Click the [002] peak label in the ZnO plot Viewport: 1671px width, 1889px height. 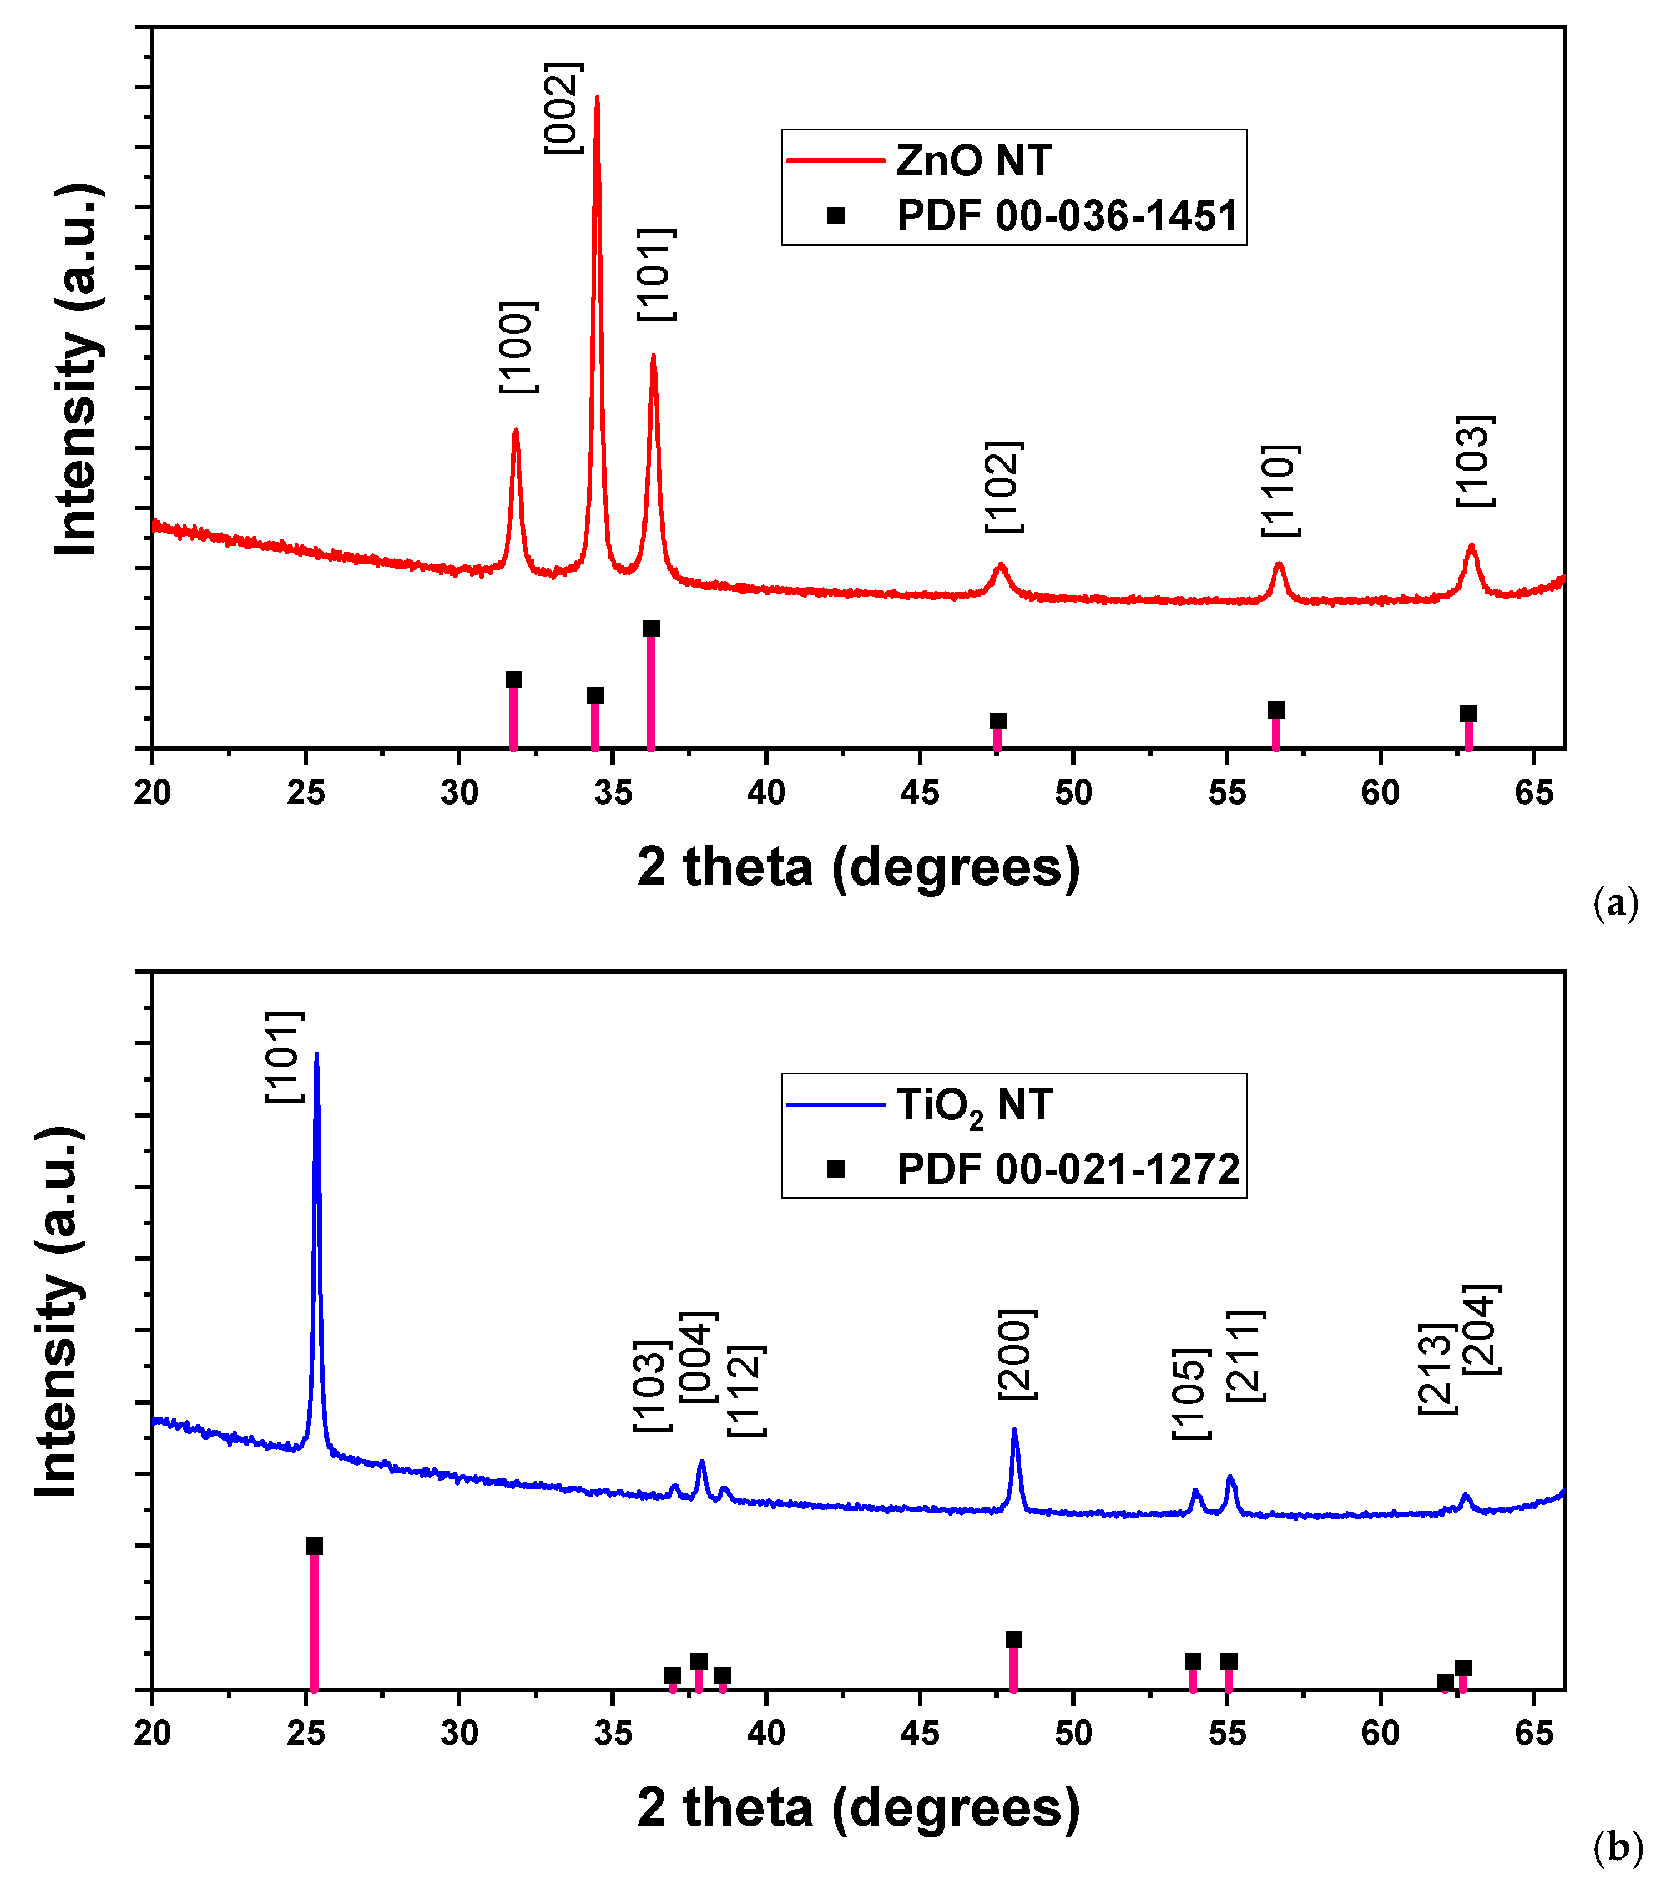click(562, 108)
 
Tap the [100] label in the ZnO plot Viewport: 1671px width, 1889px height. click(518, 347)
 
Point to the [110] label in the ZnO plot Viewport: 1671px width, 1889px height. click(1281, 491)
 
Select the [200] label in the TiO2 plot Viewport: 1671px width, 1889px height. click(1017, 1354)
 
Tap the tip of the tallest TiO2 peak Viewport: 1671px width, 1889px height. click(317, 1054)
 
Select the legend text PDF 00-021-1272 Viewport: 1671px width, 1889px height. click(1068, 1170)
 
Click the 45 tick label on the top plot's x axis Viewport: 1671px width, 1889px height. click(920, 793)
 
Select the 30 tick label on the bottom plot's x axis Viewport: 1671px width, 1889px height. click(460, 1734)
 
